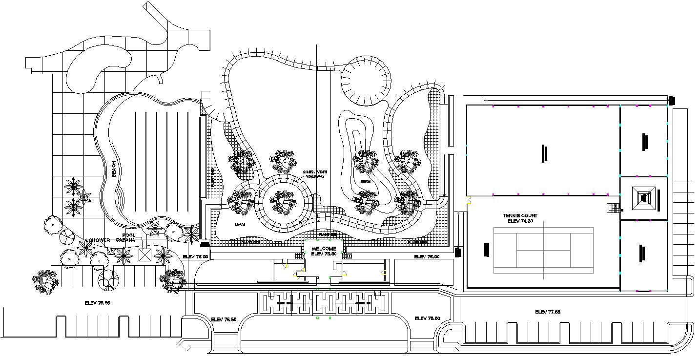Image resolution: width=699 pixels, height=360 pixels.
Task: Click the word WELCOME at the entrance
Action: click(324, 249)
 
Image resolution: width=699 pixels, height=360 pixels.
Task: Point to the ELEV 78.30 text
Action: click(324, 254)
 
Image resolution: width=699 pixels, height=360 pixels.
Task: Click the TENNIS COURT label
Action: click(520, 215)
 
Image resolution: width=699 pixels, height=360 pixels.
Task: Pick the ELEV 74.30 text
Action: click(520, 221)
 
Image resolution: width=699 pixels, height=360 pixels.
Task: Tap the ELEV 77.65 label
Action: click(547, 312)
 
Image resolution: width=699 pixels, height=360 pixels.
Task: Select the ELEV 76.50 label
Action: click(224, 319)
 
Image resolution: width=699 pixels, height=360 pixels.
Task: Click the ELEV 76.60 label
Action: click(427, 318)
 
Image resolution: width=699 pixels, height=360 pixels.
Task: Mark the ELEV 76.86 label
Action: click(97, 303)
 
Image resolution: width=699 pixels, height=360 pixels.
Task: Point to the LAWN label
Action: click(240, 225)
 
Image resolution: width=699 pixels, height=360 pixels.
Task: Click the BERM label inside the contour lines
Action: click(366, 181)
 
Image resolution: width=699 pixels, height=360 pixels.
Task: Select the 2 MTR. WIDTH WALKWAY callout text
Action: click(314, 174)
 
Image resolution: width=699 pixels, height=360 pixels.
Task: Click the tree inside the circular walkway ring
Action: click(283, 201)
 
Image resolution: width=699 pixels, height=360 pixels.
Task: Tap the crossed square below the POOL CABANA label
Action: click(145, 254)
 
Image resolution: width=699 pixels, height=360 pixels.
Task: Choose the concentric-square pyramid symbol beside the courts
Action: click(643, 198)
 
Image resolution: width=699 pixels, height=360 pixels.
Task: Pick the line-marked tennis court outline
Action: click(543, 250)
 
